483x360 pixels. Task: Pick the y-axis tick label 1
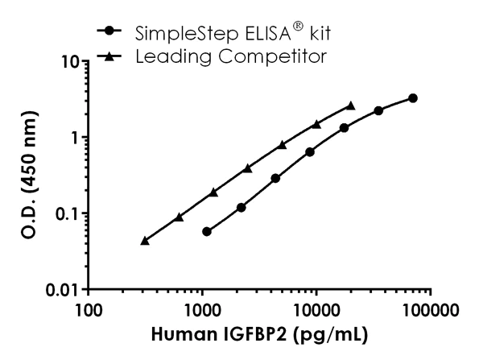coord(72,137)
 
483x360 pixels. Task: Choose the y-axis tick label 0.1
coord(64,213)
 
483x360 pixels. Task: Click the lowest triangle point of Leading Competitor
coord(145,240)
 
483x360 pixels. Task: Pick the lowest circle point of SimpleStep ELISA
coord(207,231)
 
